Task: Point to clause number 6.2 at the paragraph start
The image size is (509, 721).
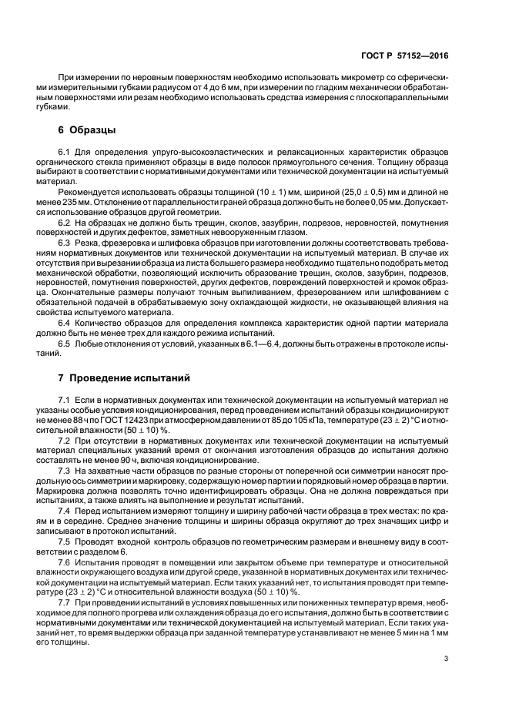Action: click(x=65, y=221)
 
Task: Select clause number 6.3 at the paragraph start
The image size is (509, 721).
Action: click(x=65, y=242)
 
